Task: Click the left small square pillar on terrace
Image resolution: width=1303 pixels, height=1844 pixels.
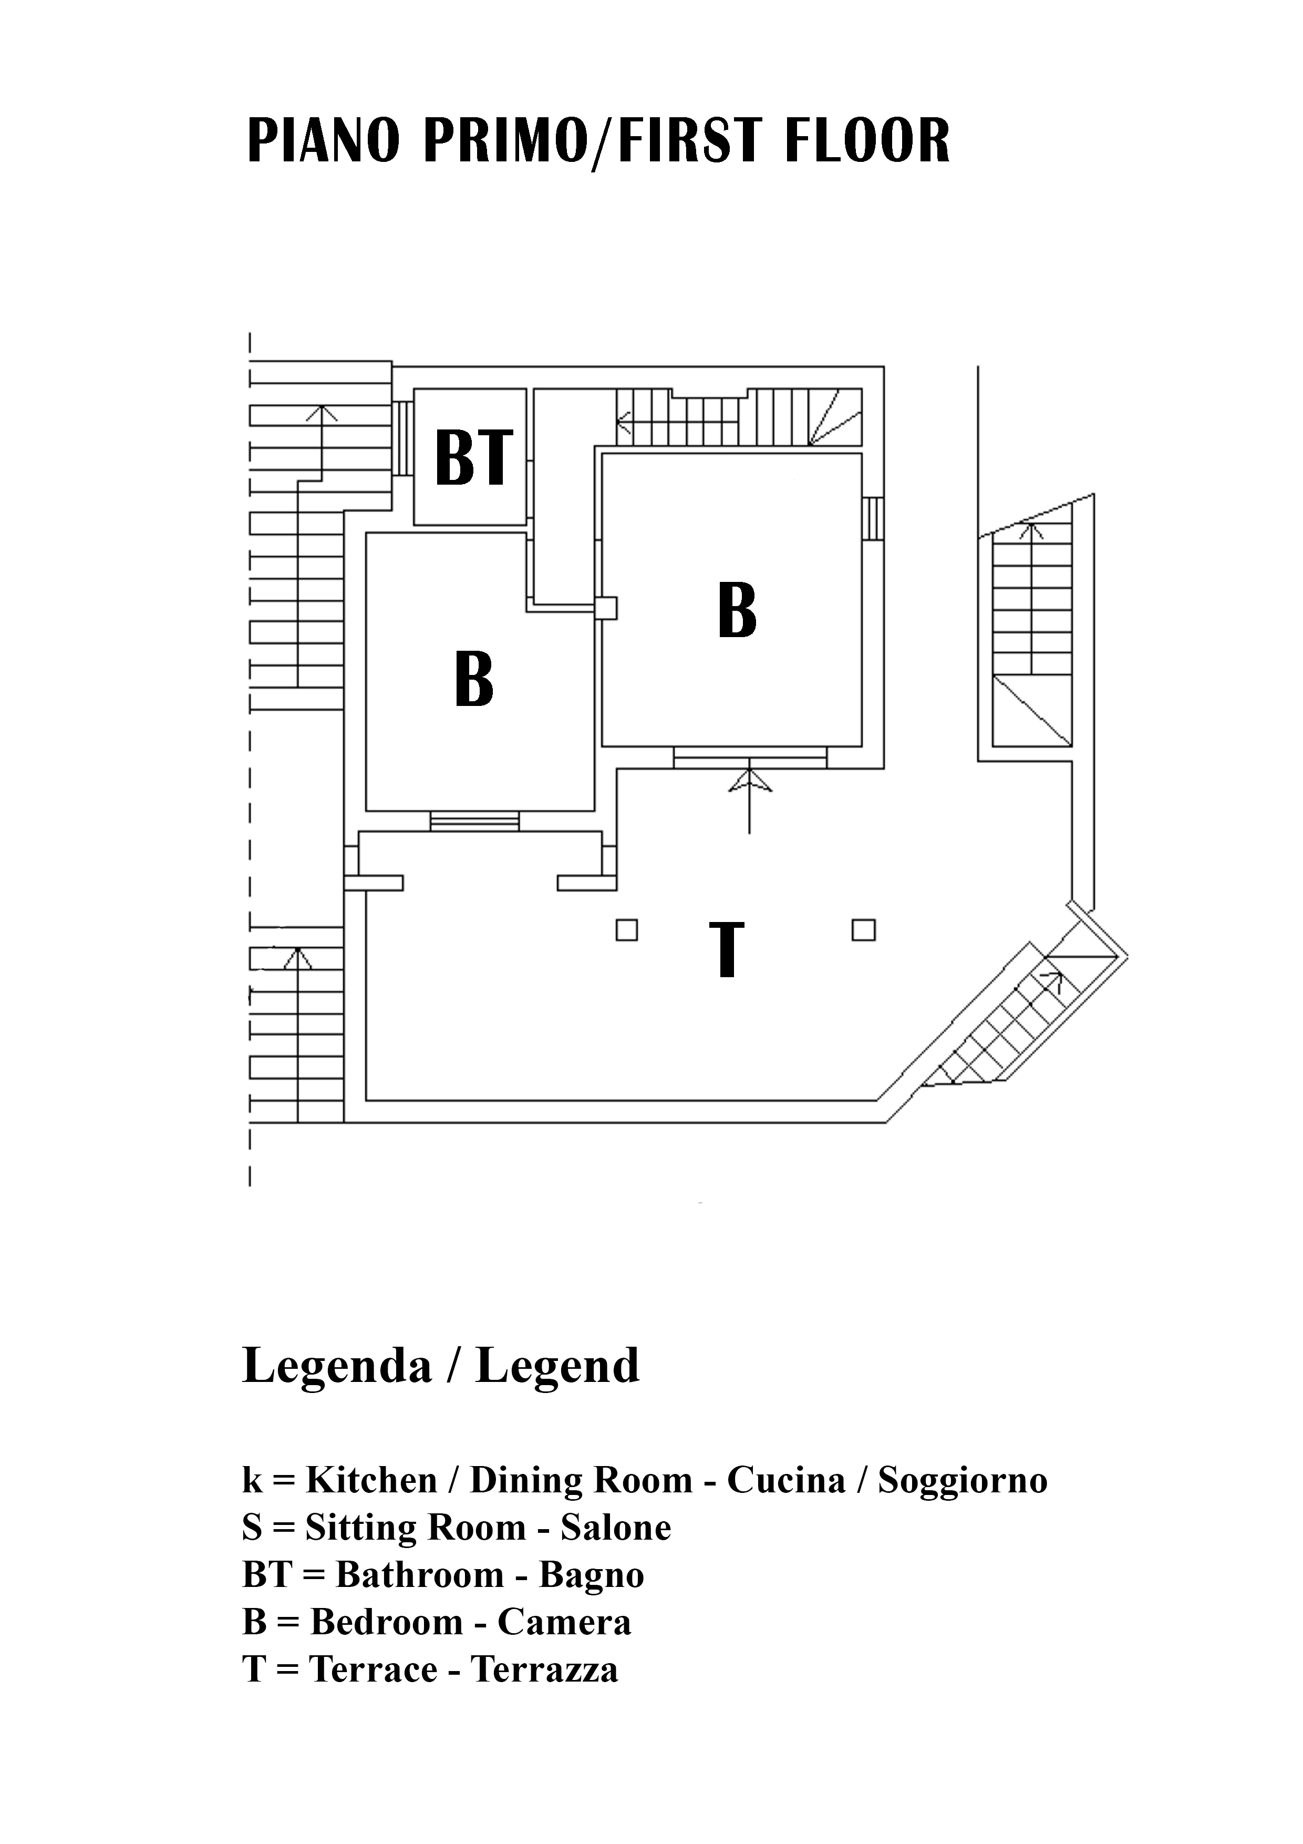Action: click(x=627, y=930)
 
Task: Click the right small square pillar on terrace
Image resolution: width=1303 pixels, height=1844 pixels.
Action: click(x=864, y=930)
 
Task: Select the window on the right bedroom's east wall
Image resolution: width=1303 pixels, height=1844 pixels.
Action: click(x=874, y=519)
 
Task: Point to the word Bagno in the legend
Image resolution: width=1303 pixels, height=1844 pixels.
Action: click(x=592, y=1575)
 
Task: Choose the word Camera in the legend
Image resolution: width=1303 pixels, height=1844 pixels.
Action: click(x=564, y=1622)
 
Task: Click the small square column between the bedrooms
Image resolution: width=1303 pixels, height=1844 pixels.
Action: click(x=606, y=608)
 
